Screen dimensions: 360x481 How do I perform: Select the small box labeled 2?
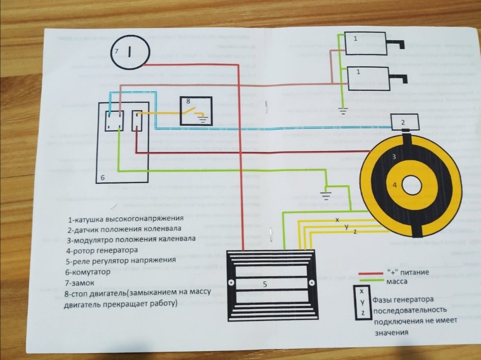pyautogui.click(x=404, y=121)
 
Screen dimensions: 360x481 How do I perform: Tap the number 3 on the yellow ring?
pyautogui.click(x=394, y=157)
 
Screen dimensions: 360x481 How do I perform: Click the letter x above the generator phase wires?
pyautogui.click(x=337, y=220)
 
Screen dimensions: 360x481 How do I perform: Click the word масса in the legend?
pyautogui.click(x=398, y=282)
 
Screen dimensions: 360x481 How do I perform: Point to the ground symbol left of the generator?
pyautogui.click(x=326, y=195)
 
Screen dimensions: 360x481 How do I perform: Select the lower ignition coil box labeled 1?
pyautogui.click(x=366, y=79)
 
